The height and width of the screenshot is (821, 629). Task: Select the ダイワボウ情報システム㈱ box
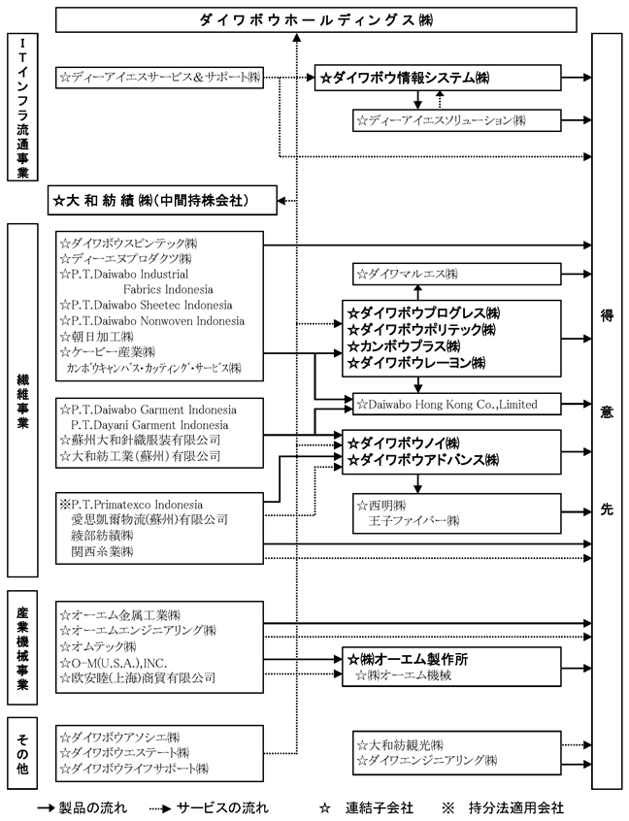tap(439, 78)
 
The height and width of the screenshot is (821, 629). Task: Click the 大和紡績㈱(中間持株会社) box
tap(163, 201)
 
